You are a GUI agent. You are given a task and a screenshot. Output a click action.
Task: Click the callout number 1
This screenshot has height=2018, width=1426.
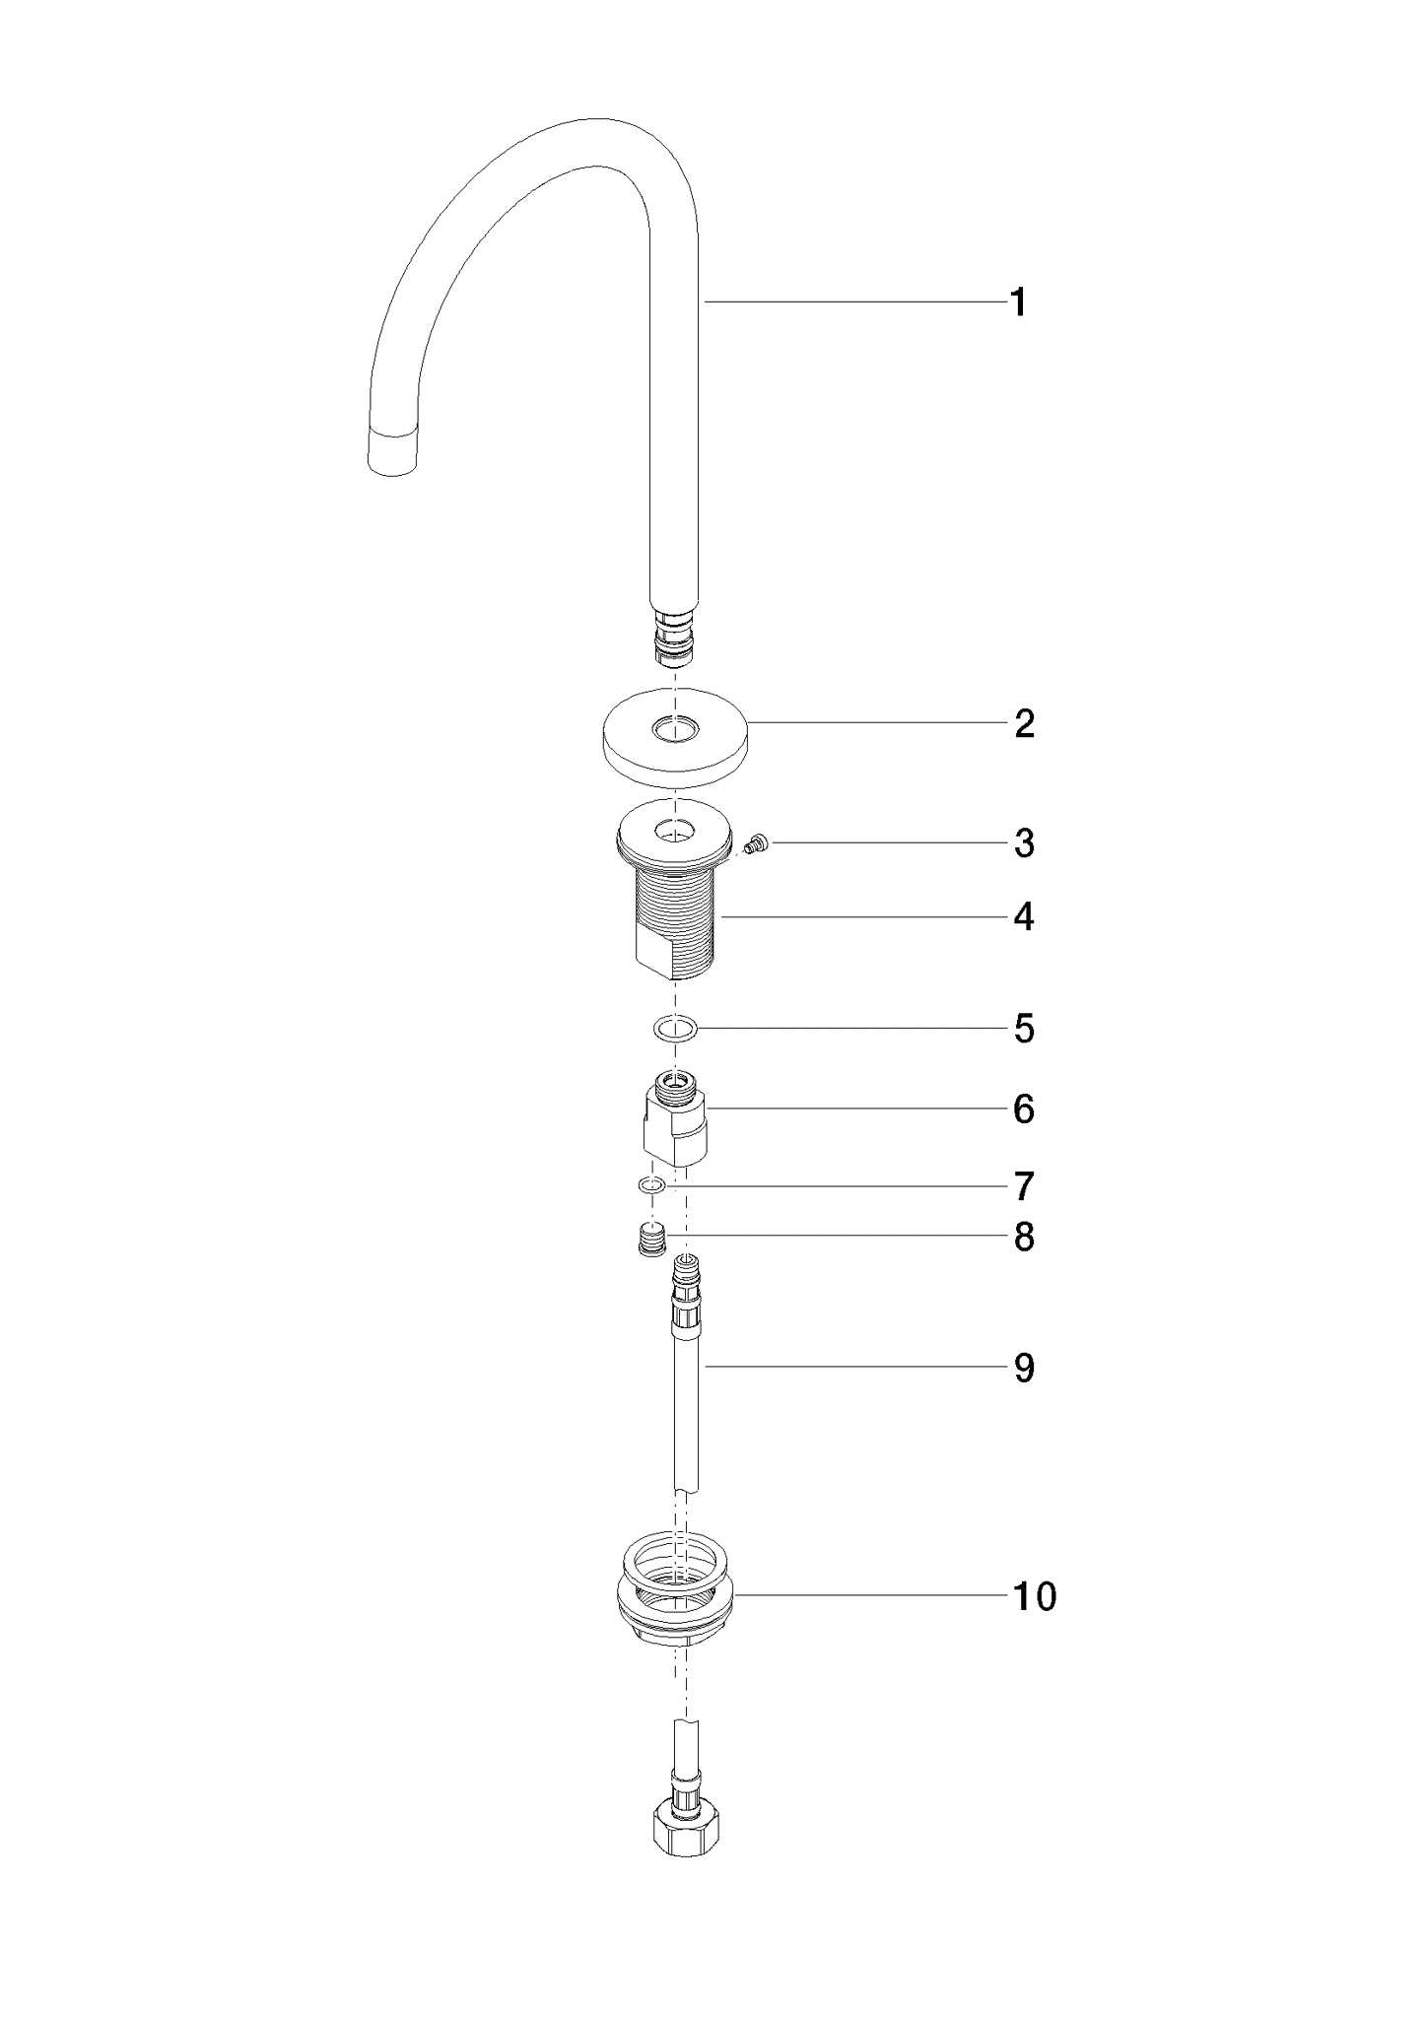(1019, 303)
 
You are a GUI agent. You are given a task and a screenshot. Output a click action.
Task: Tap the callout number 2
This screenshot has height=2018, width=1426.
(1025, 724)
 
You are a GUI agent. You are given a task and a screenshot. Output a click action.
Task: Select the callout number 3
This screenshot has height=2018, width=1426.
(1025, 843)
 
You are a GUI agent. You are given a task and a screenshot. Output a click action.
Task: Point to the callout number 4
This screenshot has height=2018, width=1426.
(1025, 917)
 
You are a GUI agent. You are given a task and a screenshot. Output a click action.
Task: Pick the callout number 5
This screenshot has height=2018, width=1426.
(1025, 1029)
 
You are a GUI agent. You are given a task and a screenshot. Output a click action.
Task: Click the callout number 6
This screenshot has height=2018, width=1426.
(1025, 1110)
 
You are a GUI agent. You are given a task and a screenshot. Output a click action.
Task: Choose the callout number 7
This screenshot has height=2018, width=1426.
(1025, 1186)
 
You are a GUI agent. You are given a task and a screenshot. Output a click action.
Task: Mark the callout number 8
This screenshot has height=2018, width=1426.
(1025, 1238)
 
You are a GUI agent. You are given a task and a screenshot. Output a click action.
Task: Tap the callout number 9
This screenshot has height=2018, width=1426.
(1025, 1368)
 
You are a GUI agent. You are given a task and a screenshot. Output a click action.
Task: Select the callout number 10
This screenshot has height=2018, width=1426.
(1035, 1595)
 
